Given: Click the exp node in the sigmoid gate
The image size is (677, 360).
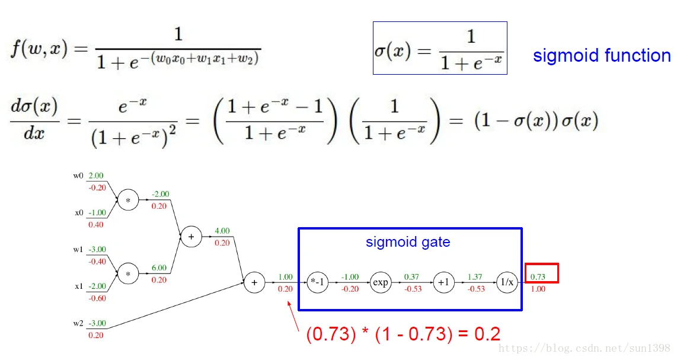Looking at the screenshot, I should coord(381,282).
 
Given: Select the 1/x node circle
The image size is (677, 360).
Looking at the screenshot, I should coord(507,282).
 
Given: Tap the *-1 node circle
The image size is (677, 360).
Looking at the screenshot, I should coord(317,282).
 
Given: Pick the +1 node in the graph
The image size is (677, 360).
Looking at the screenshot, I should coord(443,282).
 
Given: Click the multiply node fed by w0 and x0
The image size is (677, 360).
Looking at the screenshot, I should coord(127,200).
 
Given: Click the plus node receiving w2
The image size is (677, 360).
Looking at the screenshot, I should coord(254,282).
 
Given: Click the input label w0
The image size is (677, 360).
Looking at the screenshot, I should coord(78,176).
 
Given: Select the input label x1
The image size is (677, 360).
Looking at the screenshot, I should coord(78,286).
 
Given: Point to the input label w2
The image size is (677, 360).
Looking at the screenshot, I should coord(78,323).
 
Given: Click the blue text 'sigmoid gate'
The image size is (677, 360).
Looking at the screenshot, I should coord(408,242).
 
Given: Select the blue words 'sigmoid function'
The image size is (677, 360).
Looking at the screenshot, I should coord(602,56).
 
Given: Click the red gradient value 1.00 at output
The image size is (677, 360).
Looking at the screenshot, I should coord(538,289).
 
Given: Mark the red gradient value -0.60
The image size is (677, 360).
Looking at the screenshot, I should coord(97,298).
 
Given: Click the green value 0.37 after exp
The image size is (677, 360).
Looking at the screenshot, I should coord(411,276).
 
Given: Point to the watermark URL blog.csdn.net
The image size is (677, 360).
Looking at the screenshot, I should coord(585,348).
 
